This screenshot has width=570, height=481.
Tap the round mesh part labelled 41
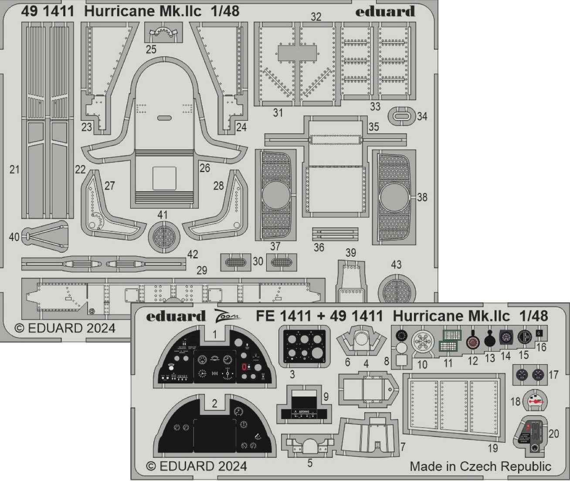point(164,237)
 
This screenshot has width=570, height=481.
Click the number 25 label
point(151,49)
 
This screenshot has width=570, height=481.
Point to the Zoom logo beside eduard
point(226,315)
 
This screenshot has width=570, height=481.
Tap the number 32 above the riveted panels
point(316,17)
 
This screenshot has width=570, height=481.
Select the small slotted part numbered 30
point(236,262)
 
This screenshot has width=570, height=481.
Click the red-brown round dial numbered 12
point(472,342)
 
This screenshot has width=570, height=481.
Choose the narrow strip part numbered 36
point(335,234)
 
